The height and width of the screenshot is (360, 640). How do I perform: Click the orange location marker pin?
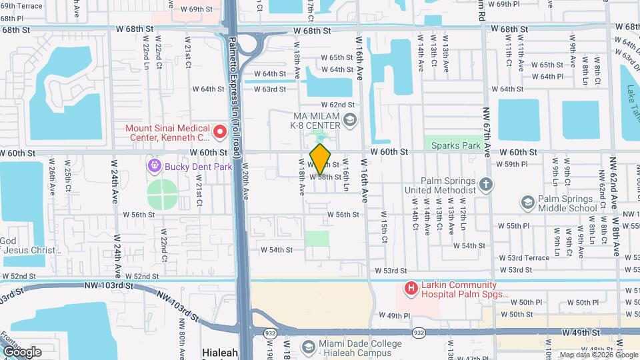[x=321, y=159]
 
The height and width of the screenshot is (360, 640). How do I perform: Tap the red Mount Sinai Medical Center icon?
[x=219, y=133]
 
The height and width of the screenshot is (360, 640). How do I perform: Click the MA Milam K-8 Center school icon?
[x=351, y=119]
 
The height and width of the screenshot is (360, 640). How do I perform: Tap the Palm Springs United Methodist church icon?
[x=487, y=185]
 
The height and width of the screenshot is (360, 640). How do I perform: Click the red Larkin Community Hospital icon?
[x=411, y=289]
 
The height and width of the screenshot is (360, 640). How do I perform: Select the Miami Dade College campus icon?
[x=308, y=347]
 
